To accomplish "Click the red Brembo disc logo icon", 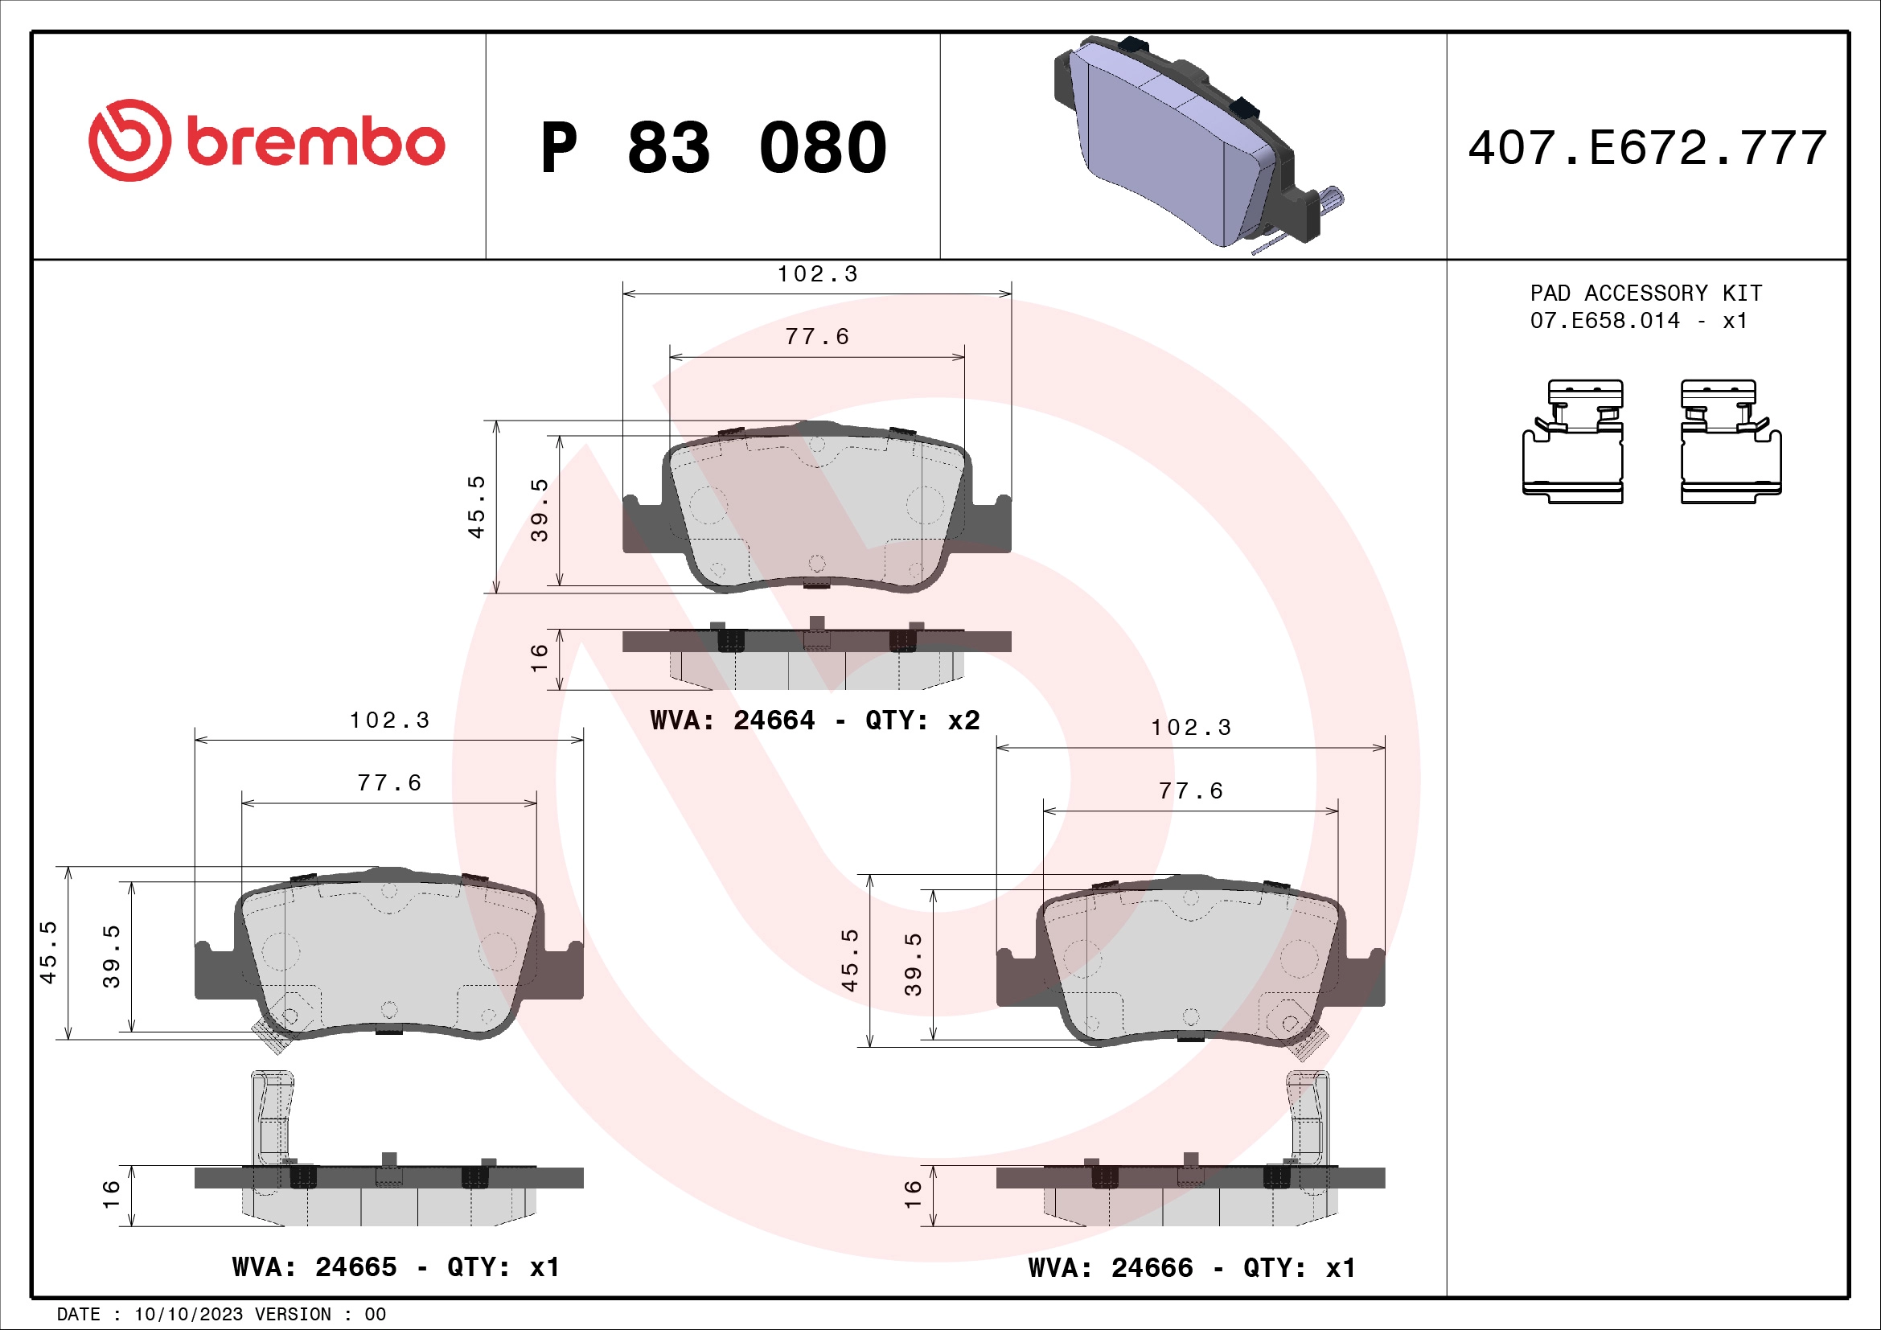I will coord(129,141).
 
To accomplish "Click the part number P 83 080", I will coord(713,148).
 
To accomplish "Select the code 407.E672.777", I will coord(1647,148).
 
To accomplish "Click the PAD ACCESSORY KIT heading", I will coord(1645,294).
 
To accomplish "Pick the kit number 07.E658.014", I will coord(1604,321).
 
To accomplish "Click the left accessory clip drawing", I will coord(1572,442).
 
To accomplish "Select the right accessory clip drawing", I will coord(1731,442).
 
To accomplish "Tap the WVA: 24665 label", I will coord(314,1268).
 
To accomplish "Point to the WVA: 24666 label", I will coord(1110,1269).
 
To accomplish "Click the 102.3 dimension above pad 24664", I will coord(817,274).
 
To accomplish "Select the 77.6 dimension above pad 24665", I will coord(389,784).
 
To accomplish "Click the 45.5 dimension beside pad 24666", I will coord(849,960).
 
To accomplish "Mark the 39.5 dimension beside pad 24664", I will coord(539,511).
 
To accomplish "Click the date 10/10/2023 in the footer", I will coord(188,1315).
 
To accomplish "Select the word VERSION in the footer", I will coord(293,1315).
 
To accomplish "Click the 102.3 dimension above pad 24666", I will coord(1190,728).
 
